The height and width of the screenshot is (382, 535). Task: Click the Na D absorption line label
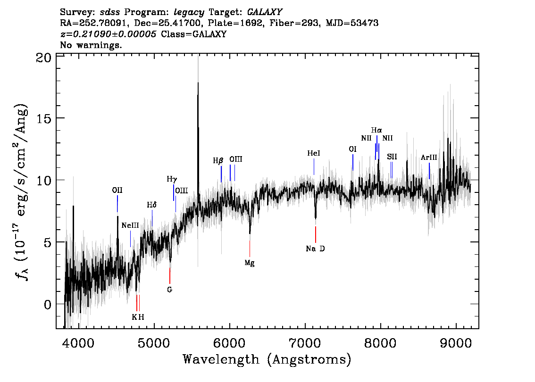coord(315,249)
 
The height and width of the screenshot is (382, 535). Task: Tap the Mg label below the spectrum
coord(250,263)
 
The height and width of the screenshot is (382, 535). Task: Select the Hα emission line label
coord(376,130)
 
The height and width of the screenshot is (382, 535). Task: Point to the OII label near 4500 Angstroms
coord(117,191)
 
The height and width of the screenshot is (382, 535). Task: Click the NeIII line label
coord(130,225)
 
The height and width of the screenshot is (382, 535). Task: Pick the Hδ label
coord(152,205)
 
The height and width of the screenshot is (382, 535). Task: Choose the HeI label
coord(314,153)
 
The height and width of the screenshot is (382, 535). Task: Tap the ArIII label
coord(428,157)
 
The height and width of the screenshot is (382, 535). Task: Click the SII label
coord(392,157)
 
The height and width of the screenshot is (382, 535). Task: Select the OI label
coord(352,149)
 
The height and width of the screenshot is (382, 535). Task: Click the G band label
coord(169,290)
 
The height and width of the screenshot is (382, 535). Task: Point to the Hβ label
coord(218,160)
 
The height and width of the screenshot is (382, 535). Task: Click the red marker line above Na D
coord(316,234)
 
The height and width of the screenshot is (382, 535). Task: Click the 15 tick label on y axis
coord(43,118)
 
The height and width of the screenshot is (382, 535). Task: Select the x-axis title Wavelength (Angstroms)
coord(267,359)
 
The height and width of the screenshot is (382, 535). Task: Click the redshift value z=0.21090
coord(108,34)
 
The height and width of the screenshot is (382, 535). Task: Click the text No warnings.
coord(91,45)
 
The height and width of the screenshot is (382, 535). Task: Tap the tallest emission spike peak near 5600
coord(198,83)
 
